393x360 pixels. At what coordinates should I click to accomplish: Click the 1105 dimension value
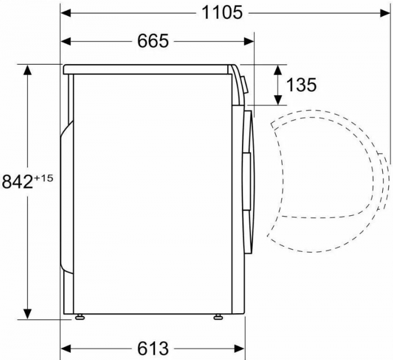click(x=222, y=12)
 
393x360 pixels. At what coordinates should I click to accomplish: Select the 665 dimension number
click(x=153, y=41)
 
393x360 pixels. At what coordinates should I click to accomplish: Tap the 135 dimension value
click(x=301, y=85)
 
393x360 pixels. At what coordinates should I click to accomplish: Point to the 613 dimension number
click(x=153, y=348)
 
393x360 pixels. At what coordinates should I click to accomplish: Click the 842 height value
click(x=17, y=181)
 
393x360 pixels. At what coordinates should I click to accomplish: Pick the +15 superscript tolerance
click(x=43, y=178)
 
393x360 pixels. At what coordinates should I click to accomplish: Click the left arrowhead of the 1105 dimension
click(x=66, y=13)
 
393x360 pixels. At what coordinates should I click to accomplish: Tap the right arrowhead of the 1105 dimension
click(x=385, y=13)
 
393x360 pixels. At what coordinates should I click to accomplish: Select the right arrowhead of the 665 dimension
click(x=249, y=41)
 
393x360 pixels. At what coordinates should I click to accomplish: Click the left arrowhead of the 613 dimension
click(x=66, y=348)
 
